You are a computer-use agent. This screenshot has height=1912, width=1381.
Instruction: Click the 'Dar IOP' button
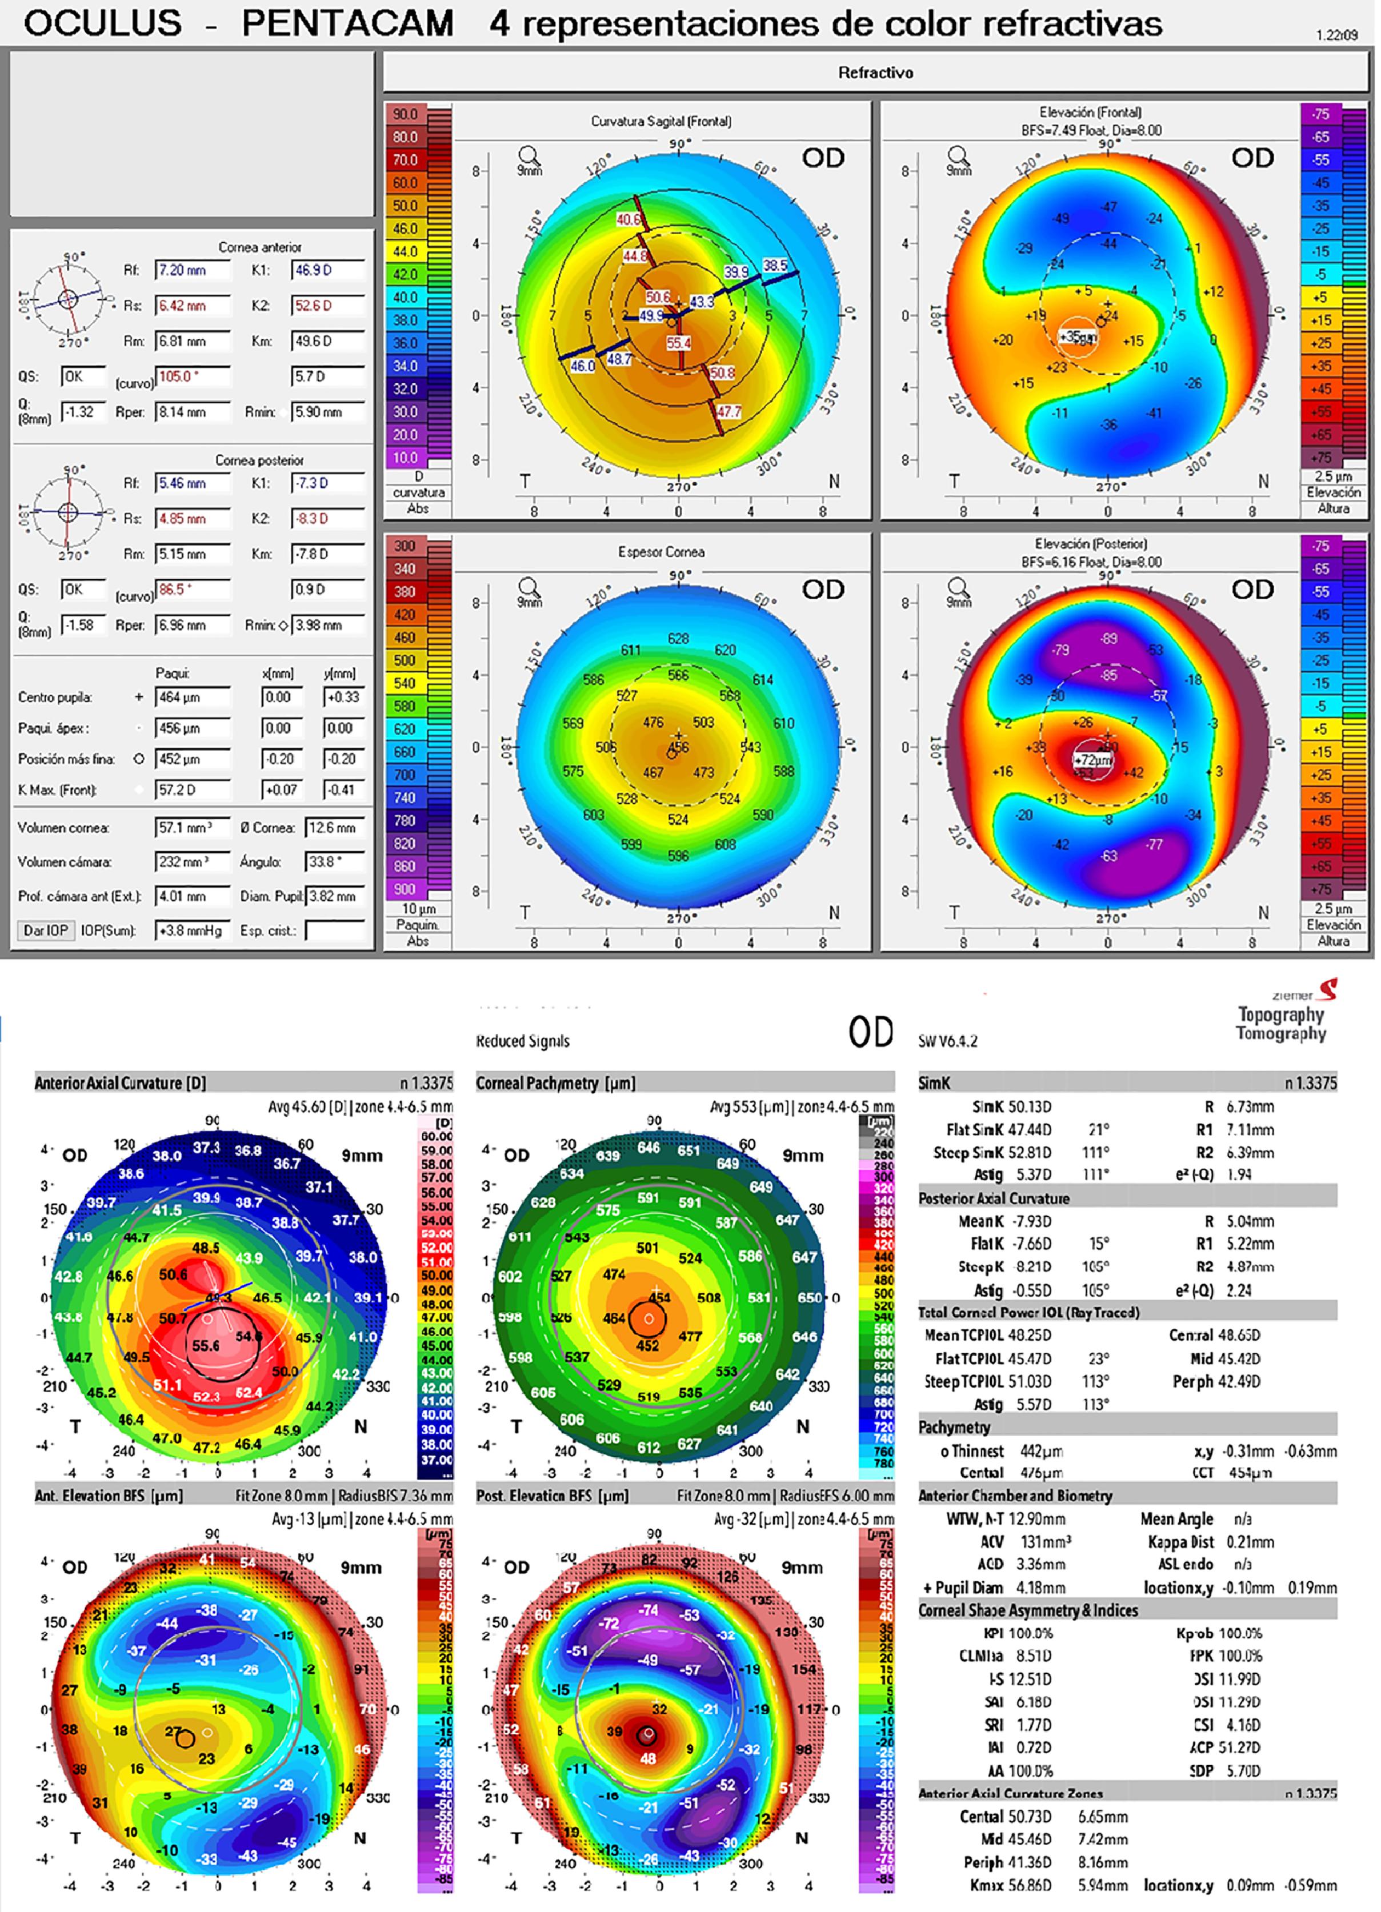pyautogui.click(x=46, y=931)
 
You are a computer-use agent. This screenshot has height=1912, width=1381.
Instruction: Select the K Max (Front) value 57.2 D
pyautogui.click(x=192, y=790)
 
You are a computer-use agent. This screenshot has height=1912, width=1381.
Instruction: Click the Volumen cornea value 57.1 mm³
pyautogui.click(x=192, y=828)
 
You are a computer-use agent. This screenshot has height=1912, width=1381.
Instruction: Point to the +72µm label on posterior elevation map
pyautogui.click(x=1092, y=760)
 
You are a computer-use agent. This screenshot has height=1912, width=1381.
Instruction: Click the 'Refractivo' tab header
pyautogui.click(x=875, y=73)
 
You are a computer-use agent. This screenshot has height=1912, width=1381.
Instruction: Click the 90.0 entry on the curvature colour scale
pyautogui.click(x=406, y=114)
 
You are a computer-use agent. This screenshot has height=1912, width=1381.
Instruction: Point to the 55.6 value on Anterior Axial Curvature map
pyautogui.click(x=206, y=1345)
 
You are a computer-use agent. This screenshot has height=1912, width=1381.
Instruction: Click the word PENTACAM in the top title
pyautogui.click(x=347, y=23)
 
